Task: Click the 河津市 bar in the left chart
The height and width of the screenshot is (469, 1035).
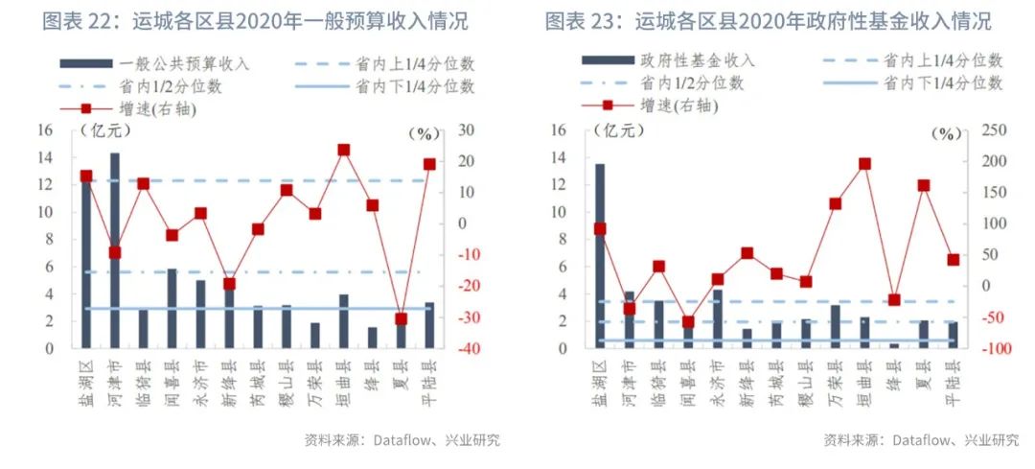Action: (114, 249)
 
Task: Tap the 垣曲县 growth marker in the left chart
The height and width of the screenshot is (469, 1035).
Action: (343, 150)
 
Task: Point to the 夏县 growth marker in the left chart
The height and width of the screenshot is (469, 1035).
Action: (401, 318)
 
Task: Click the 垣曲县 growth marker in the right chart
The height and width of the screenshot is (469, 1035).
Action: (864, 164)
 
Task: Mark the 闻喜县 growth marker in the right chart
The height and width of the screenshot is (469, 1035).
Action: (687, 322)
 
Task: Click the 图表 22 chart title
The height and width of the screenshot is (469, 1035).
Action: (262, 21)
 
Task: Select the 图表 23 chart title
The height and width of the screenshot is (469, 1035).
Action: (768, 21)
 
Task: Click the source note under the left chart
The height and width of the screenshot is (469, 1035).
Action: (402, 441)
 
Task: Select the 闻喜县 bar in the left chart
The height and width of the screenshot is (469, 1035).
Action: (172, 308)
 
